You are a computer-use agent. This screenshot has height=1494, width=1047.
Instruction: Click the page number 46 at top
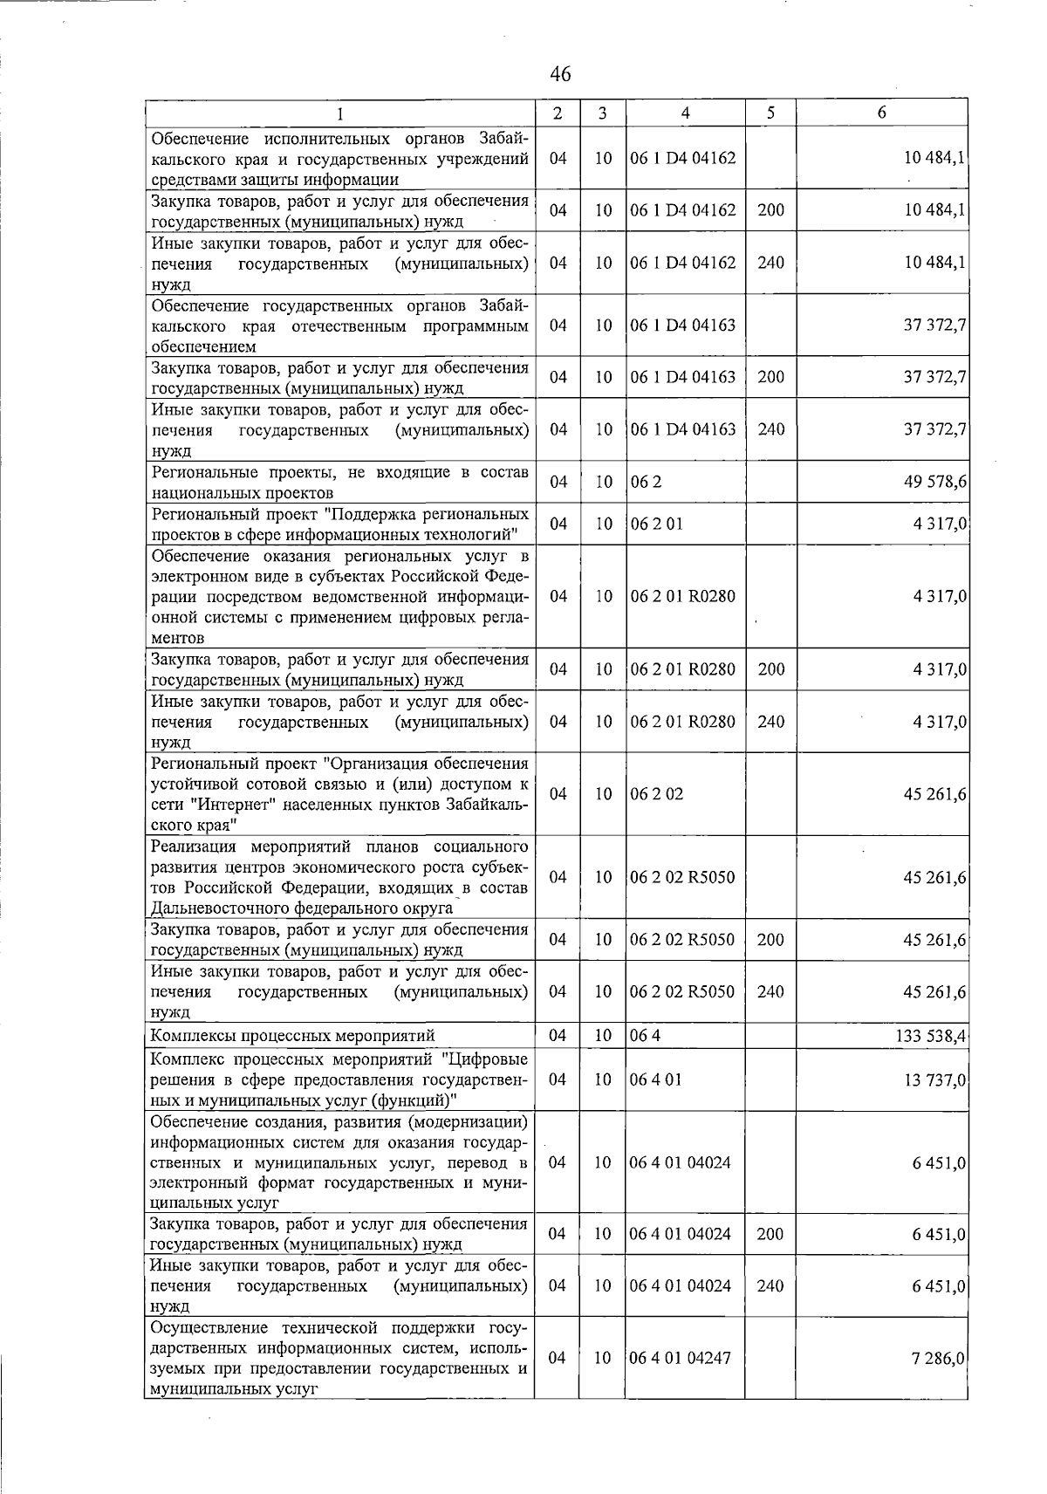point(560,75)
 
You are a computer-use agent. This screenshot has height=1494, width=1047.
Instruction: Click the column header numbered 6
point(882,113)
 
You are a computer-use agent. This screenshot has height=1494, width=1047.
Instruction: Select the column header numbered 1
point(339,113)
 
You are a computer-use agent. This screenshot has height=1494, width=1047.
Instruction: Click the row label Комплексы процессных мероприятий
point(292,1037)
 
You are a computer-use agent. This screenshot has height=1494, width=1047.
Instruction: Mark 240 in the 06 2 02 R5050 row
point(770,992)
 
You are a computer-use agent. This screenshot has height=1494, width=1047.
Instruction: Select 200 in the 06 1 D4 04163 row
point(770,377)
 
